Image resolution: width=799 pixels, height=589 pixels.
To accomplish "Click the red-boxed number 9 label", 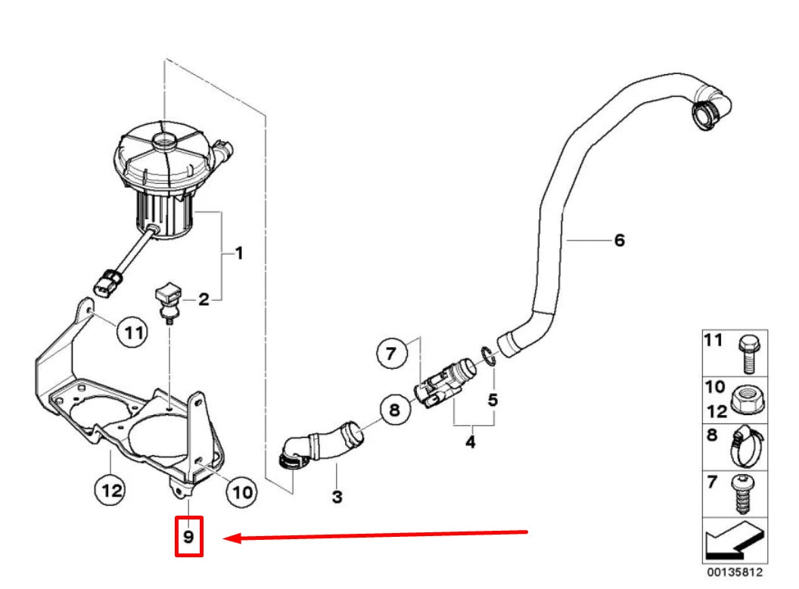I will tap(189, 537).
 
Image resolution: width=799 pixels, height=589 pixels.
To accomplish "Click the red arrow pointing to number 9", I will tap(378, 535).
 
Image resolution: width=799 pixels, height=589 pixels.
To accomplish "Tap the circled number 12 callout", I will tap(111, 491).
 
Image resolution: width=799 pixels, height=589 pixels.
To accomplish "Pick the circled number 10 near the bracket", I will tap(241, 491).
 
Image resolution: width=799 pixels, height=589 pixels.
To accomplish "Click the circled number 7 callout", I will tap(390, 353).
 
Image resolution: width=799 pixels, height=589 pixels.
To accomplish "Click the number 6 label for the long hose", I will tap(619, 240).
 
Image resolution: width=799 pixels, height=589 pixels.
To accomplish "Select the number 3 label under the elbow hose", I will tap(337, 497).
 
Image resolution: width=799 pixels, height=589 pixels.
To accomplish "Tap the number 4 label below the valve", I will tap(470, 440).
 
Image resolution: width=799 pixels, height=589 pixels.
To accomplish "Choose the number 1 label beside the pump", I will tap(238, 253).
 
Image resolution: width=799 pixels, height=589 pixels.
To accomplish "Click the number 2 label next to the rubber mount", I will tap(204, 300).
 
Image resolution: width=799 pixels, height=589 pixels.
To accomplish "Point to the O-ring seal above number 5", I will tap(488, 355).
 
